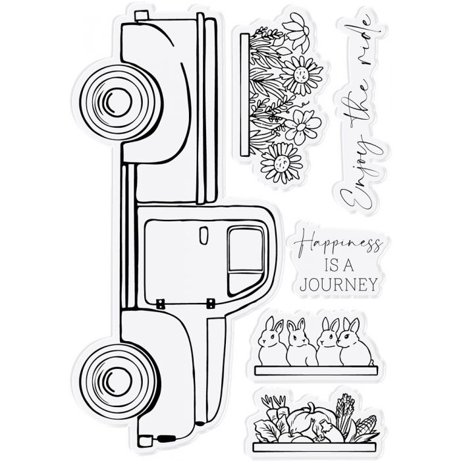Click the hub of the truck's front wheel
click(119, 381)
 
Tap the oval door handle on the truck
click(203, 235)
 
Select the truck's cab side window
click(246, 261)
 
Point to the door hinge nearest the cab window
click(211, 304)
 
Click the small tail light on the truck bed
click(142, 15)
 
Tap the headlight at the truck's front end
click(145, 441)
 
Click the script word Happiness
click(338, 245)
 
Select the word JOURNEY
click(339, 284)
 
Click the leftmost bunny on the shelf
click(271, 341)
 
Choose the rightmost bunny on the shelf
click(354, 342)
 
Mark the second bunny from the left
click(299, 342)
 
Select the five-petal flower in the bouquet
click(302, 126)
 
